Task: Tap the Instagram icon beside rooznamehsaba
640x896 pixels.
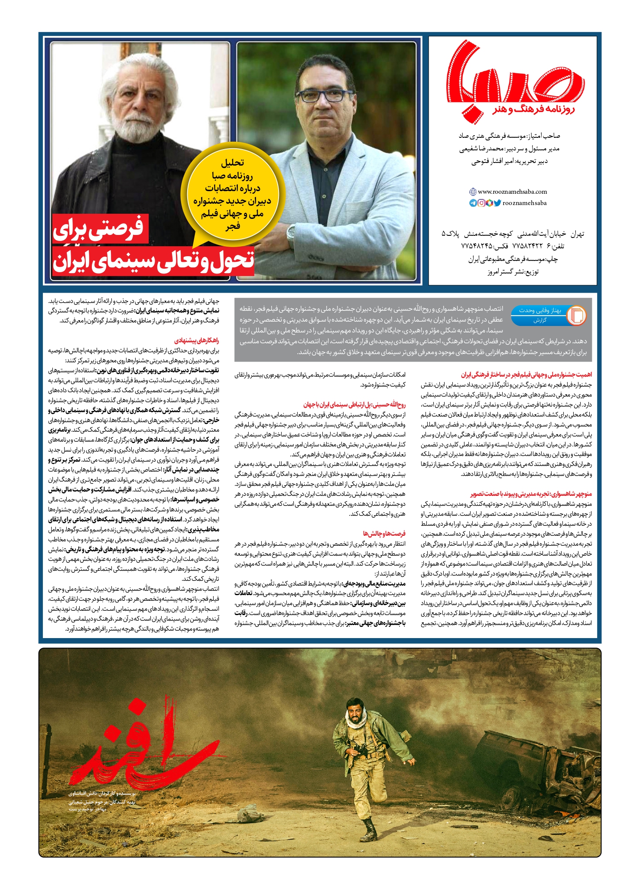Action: coord(481,203)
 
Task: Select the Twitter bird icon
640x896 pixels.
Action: coord(497,203)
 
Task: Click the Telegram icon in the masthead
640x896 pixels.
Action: coord(473,203)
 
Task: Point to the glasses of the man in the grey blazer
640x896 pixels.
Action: coord(321,95)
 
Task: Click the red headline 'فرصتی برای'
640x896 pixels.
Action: coord(100,228)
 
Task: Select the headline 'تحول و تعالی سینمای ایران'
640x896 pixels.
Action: coord(153,261)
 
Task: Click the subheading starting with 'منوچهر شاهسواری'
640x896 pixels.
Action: coord(531,494)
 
